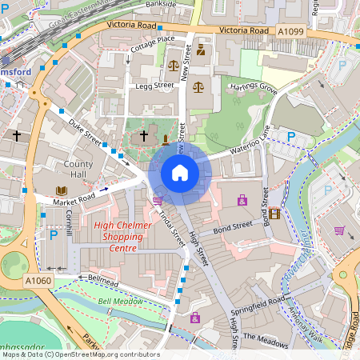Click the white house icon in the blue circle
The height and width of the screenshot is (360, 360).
180,172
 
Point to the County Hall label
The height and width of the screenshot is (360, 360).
78,169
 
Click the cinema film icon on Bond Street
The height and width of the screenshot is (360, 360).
274,213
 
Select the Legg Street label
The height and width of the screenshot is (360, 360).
154,85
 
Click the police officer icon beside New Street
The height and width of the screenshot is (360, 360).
201,50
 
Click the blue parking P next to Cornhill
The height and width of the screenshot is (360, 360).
54,235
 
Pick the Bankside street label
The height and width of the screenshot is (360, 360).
161,4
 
